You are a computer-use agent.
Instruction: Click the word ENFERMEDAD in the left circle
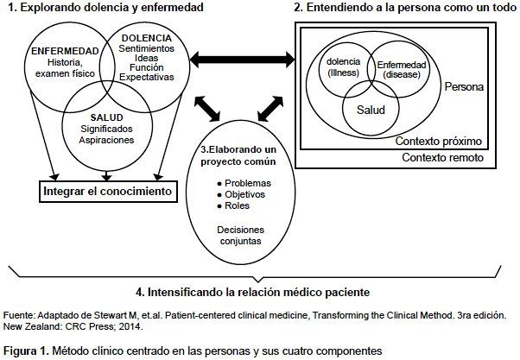click(65, 51)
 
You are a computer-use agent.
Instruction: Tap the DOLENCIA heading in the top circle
click(147, 38)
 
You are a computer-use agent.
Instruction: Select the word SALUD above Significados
click(106, 117)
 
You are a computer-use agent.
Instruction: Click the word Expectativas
click(147, 77)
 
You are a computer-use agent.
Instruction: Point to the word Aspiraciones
click(106, 140)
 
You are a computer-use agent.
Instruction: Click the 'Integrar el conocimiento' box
click(109, 192)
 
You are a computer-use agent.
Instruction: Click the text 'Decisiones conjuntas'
click(241, 236)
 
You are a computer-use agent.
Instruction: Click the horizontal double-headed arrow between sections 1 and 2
click(242, 60)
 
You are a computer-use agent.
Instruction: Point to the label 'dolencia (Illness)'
click(343, 67)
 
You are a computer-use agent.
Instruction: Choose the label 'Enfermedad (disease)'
click(402, 70)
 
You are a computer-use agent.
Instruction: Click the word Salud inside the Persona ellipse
click(371, 110)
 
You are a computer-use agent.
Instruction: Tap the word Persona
click(464, 87)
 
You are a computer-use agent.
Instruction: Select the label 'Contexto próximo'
click(439, 142)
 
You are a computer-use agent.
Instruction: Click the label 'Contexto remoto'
click(443, 157)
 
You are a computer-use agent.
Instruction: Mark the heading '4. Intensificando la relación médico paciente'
click(253, 293)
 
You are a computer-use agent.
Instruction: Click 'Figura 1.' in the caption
click(26, 351)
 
